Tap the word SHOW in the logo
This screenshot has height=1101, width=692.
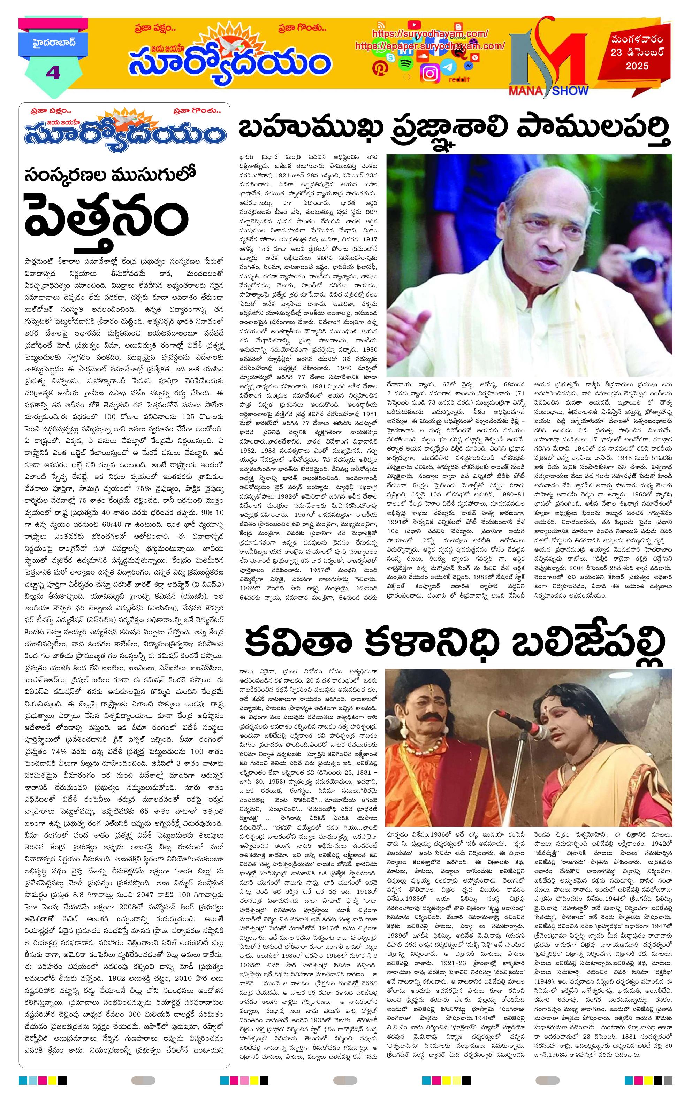[x=570, y=91]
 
